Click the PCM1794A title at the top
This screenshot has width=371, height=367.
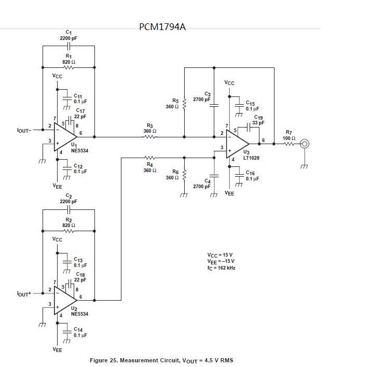point(162,26)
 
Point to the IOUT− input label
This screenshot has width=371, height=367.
point(24,130)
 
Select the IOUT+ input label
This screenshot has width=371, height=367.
point(24,293)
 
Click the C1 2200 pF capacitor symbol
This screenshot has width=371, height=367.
point(68,46)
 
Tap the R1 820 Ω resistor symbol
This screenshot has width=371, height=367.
point(68,67)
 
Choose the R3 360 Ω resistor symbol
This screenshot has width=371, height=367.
point(150,137)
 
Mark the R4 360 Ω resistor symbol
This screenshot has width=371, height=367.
point(150,157)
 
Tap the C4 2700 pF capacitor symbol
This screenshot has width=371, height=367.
point(213,175)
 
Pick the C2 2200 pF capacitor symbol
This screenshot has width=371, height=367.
point(68,209)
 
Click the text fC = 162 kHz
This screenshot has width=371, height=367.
point(221,268)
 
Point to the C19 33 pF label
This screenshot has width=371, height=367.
point(258,120)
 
